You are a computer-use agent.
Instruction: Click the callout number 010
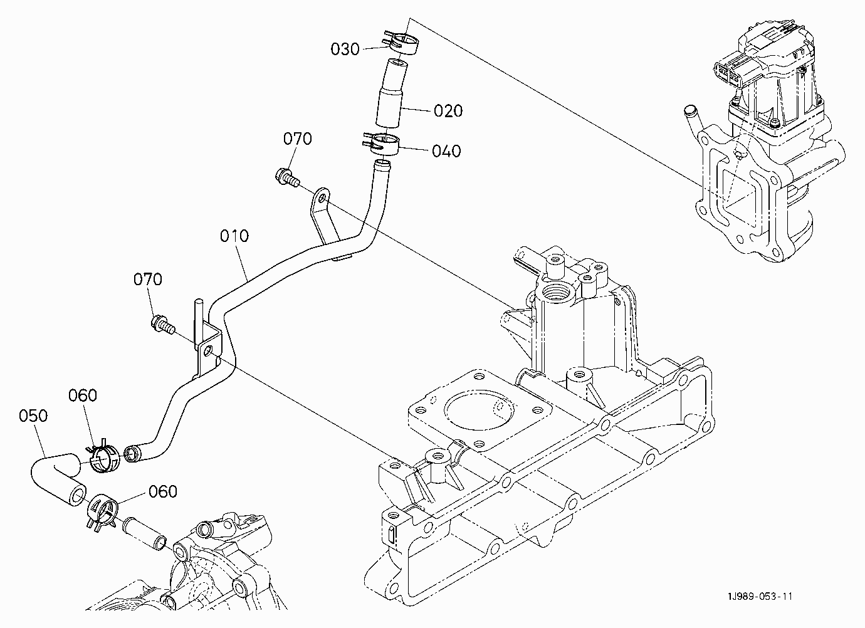click(234, 236)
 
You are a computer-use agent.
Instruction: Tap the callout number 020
click(448, 111)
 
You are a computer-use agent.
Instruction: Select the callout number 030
click(345, 50)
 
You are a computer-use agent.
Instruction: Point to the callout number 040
click(446, 151)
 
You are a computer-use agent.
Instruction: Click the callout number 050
click(33, 416)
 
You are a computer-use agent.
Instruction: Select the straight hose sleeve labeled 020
click(392, 93)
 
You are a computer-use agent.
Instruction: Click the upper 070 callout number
click(297, 139)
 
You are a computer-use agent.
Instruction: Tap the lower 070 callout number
click(148, 280)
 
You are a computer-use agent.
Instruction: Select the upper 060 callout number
click(83, 395)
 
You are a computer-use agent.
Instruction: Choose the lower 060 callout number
click(163, 491)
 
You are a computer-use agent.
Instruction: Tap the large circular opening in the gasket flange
click(480, 410)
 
